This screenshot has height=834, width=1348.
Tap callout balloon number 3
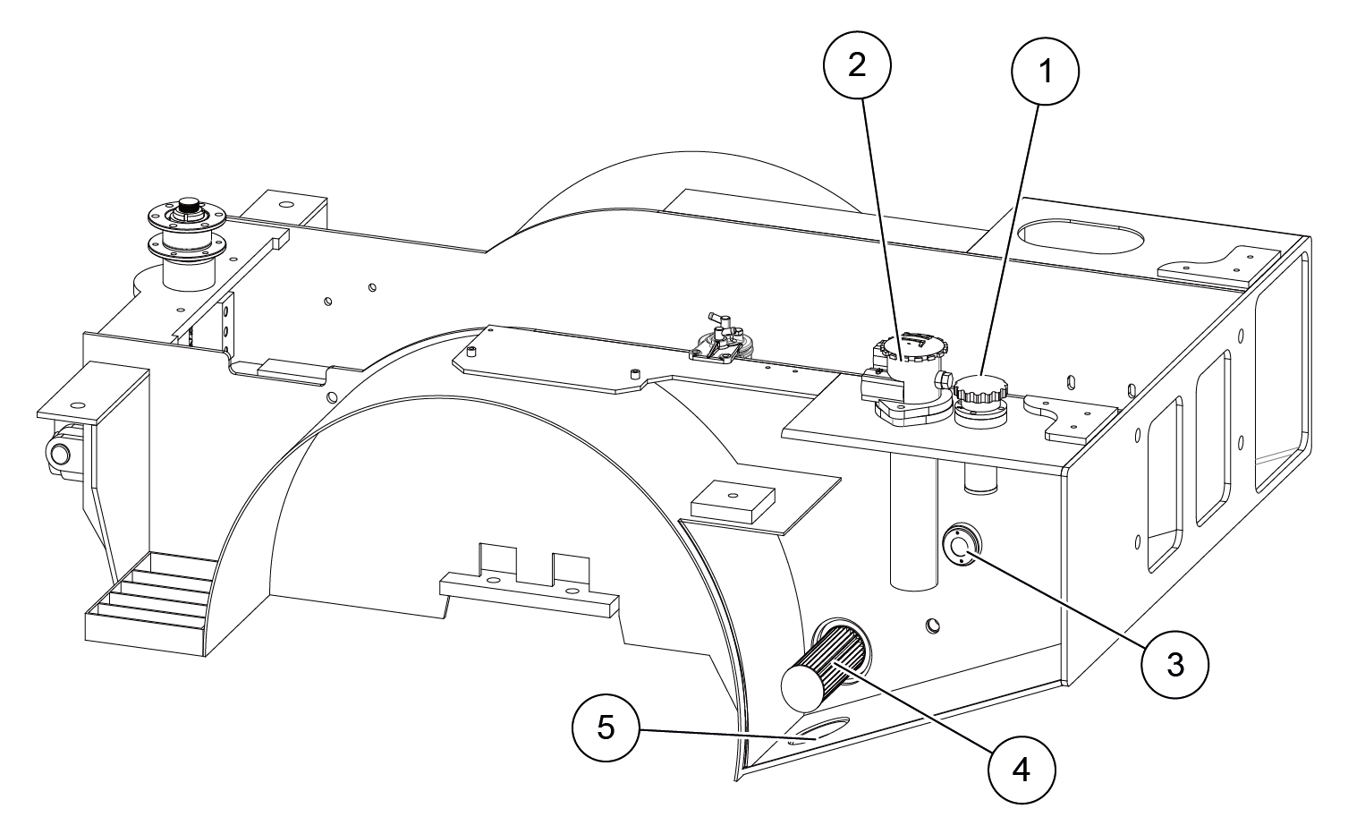(x=1175, y=663)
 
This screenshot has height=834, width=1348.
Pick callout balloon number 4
(x=1022, y=767)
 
